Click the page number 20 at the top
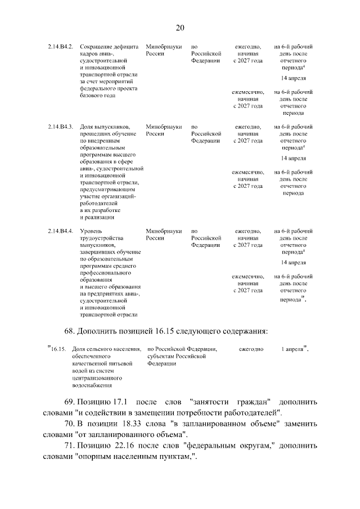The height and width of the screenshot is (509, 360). click(x=180, y=28)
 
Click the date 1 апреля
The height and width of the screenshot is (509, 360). click(x=292, y=349)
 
